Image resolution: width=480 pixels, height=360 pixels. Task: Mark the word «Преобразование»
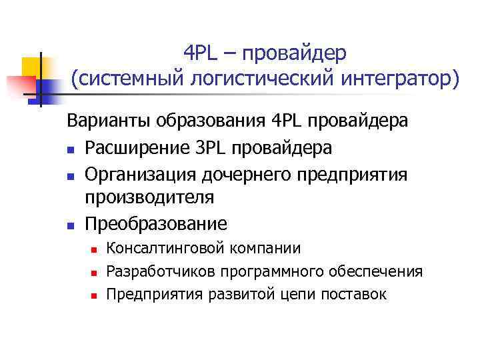tap(156, 223)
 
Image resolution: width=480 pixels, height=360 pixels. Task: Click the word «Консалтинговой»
tap(158, 249)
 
